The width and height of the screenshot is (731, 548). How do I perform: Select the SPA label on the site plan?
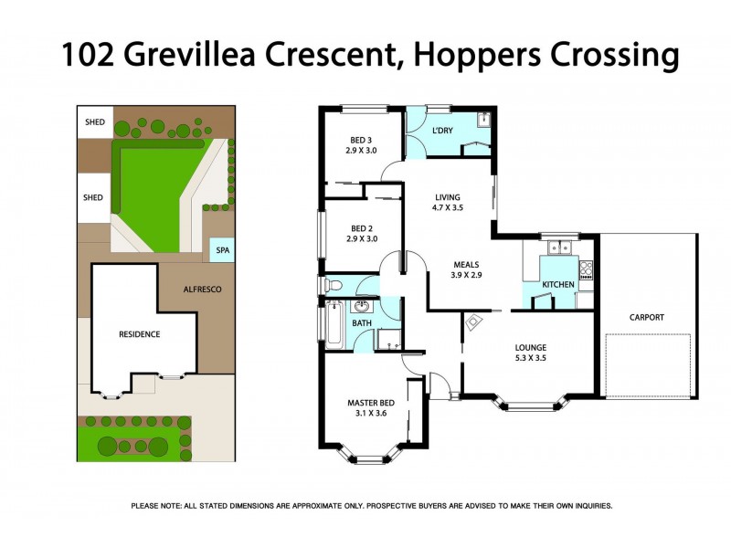[221, 250]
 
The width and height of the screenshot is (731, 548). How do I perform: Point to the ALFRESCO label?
[202, 290]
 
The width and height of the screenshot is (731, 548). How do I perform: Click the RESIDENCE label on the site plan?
[139, 334]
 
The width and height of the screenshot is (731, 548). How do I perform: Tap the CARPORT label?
[646, 318]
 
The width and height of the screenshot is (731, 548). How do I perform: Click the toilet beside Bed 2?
[332, 286]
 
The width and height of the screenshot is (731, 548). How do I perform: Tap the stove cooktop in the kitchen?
[586, 269]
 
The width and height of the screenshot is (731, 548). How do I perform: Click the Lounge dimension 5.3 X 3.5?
[530, 360]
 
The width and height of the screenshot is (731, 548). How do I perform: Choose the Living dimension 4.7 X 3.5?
[448, 208]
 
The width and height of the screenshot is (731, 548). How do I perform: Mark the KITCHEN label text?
[558, 285]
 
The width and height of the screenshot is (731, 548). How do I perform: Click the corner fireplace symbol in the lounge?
[474, 321]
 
